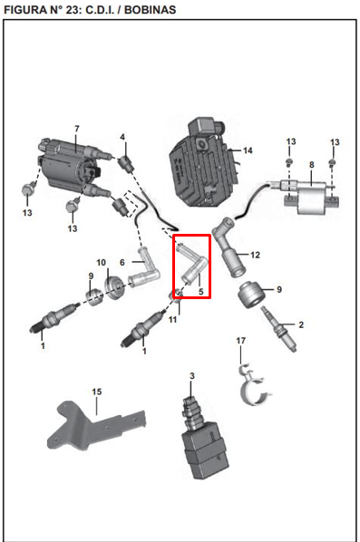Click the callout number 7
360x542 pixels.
coord(77,129)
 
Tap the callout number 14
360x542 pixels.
coord(248,150)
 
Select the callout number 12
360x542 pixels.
coord(255,255)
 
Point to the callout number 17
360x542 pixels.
coord(240,341)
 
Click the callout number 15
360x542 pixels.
coord(97,392)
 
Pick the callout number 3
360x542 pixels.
coord(192,375)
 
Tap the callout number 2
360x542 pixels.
coord(301,324)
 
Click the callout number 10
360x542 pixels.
coord(101,263)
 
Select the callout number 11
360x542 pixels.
coord(172,320)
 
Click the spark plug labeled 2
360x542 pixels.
coord(279,328)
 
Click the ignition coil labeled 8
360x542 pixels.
coord(306,195)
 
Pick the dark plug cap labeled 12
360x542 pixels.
coord(229,247)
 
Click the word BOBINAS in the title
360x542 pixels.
coord(151,9)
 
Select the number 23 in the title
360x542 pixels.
coord(73,9)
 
